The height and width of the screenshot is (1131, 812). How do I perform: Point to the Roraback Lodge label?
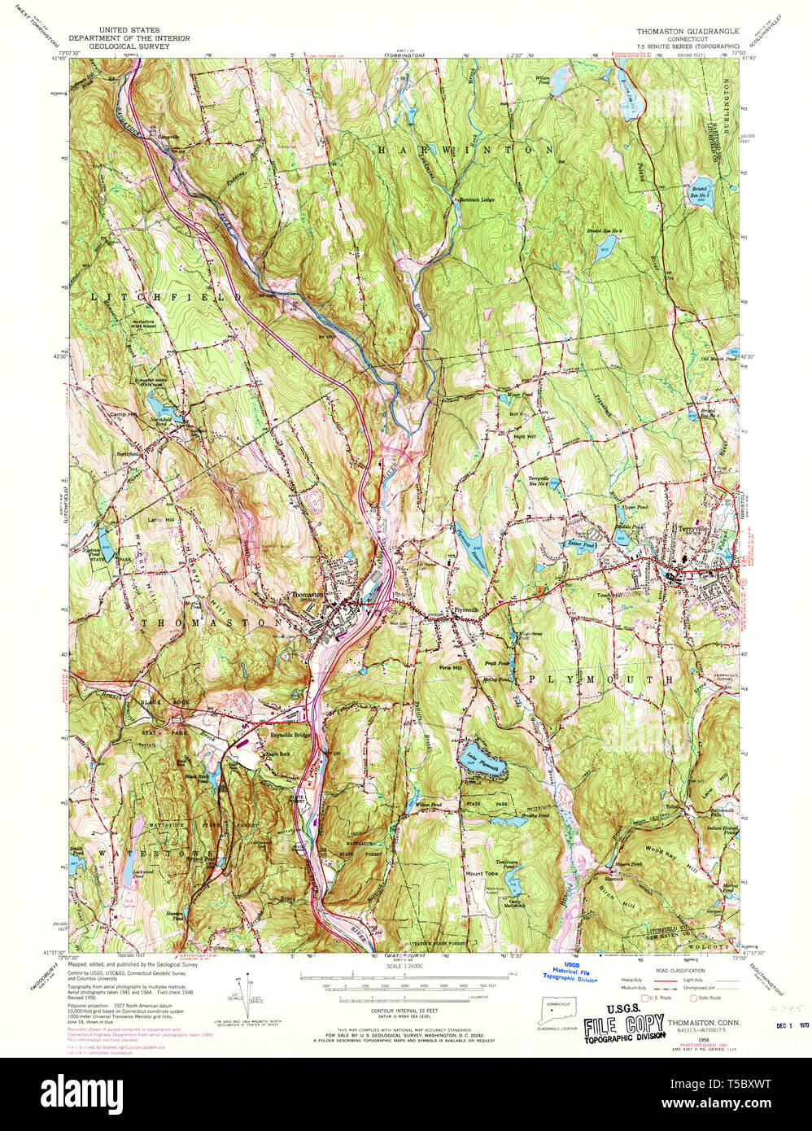click(x=477, y=199)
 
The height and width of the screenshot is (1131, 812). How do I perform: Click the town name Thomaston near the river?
click(x=307, y=595)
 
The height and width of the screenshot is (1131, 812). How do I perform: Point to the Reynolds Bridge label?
click(x=290, y=735)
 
